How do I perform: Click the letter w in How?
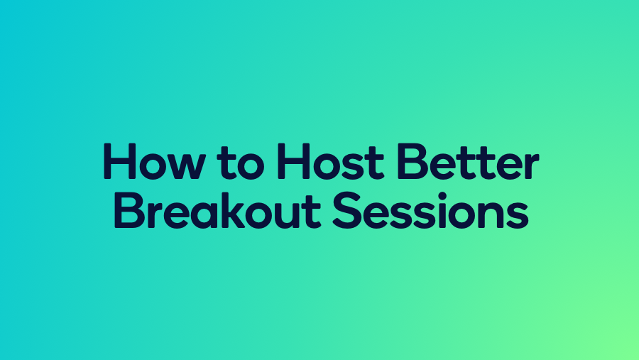[181, 165]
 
